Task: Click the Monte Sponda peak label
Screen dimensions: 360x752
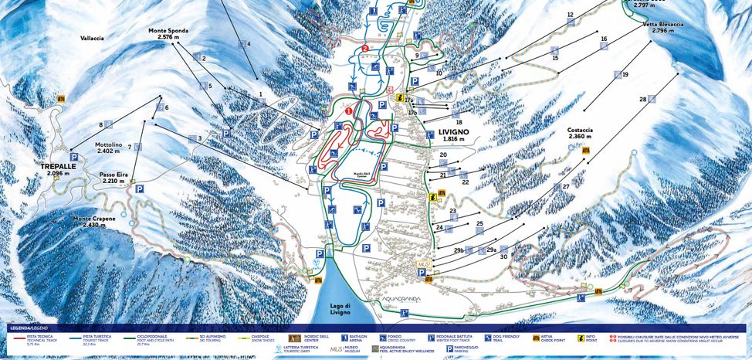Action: pos(168,34)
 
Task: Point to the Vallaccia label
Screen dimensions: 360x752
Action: pos(91,37)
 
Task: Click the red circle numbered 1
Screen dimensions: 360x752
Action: pos(348,110)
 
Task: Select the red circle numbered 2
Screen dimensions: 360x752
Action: pos(364,48)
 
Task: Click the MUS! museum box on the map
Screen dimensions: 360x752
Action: pos(422,264)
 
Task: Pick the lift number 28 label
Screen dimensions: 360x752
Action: pos(642,99)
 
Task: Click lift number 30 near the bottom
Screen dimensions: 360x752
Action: pos(503,256)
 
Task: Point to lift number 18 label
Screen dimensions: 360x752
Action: pos(458,122)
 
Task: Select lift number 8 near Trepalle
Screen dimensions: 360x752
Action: pos(100,124)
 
